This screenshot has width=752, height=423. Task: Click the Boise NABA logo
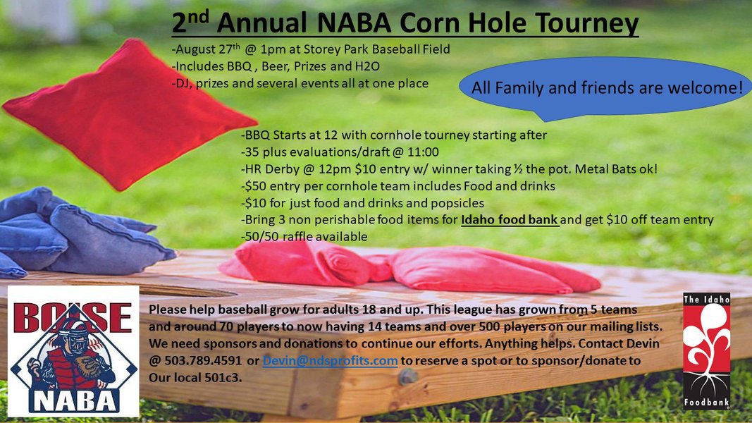pyautogui.click(x=73, y=350)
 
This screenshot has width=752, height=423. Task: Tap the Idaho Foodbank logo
pyautogui.click(x=706, y=351)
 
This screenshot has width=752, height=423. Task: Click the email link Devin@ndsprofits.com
pyautogui.click(x=331, y=361)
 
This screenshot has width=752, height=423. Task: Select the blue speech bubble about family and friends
pyautogui.click(x=606, y=89)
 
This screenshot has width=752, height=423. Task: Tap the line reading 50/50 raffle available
pyautogui.click(x=306, y=237)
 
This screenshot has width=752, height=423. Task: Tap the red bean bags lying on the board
pyautogui.click(x=409, y=268)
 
